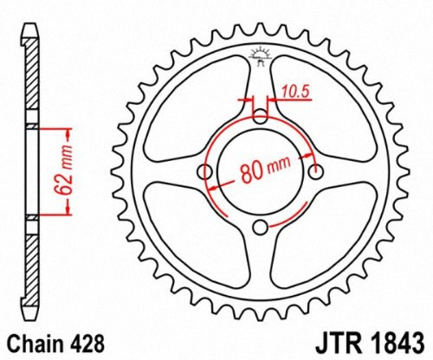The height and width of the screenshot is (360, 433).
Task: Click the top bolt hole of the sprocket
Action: pos(261,118)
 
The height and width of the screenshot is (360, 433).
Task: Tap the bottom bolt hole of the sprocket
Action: pos(261,227)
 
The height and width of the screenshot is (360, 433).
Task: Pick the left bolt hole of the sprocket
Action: pos(206,172)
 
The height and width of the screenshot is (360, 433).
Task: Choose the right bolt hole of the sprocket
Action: pos(315,172)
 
